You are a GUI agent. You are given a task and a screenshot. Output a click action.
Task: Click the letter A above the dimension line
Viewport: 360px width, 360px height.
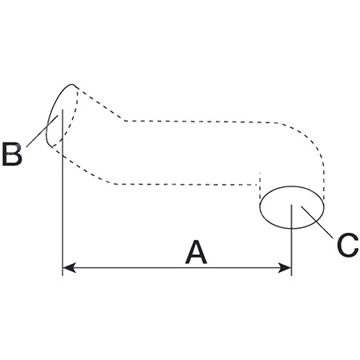(196, 252)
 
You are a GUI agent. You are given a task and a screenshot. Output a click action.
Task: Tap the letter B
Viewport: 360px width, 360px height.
(12, 154)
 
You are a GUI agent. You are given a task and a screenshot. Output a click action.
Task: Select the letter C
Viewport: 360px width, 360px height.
(347, 245)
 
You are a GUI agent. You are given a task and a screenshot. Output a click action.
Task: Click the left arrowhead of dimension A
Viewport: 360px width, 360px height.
(70, 267)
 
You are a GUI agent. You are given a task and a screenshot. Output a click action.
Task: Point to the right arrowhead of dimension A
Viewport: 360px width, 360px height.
(284, 267)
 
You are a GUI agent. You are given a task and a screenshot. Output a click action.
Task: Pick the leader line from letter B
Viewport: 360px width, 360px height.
(42, 131)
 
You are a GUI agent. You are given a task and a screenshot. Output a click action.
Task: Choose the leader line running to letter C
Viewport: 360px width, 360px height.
(317, 222)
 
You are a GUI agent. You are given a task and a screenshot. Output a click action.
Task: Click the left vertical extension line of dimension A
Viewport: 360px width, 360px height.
(62, 192)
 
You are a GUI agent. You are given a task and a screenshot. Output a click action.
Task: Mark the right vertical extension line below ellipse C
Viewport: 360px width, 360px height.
(292, 240)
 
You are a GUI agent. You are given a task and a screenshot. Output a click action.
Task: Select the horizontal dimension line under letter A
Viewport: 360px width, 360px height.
(177, 267)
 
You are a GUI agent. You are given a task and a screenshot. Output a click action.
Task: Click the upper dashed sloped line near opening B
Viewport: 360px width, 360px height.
(102, 105)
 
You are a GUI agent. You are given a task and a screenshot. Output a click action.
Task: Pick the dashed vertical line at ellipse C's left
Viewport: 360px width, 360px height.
(259, 186)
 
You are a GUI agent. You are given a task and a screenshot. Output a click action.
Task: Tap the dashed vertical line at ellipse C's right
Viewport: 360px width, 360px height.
(324, 182)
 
